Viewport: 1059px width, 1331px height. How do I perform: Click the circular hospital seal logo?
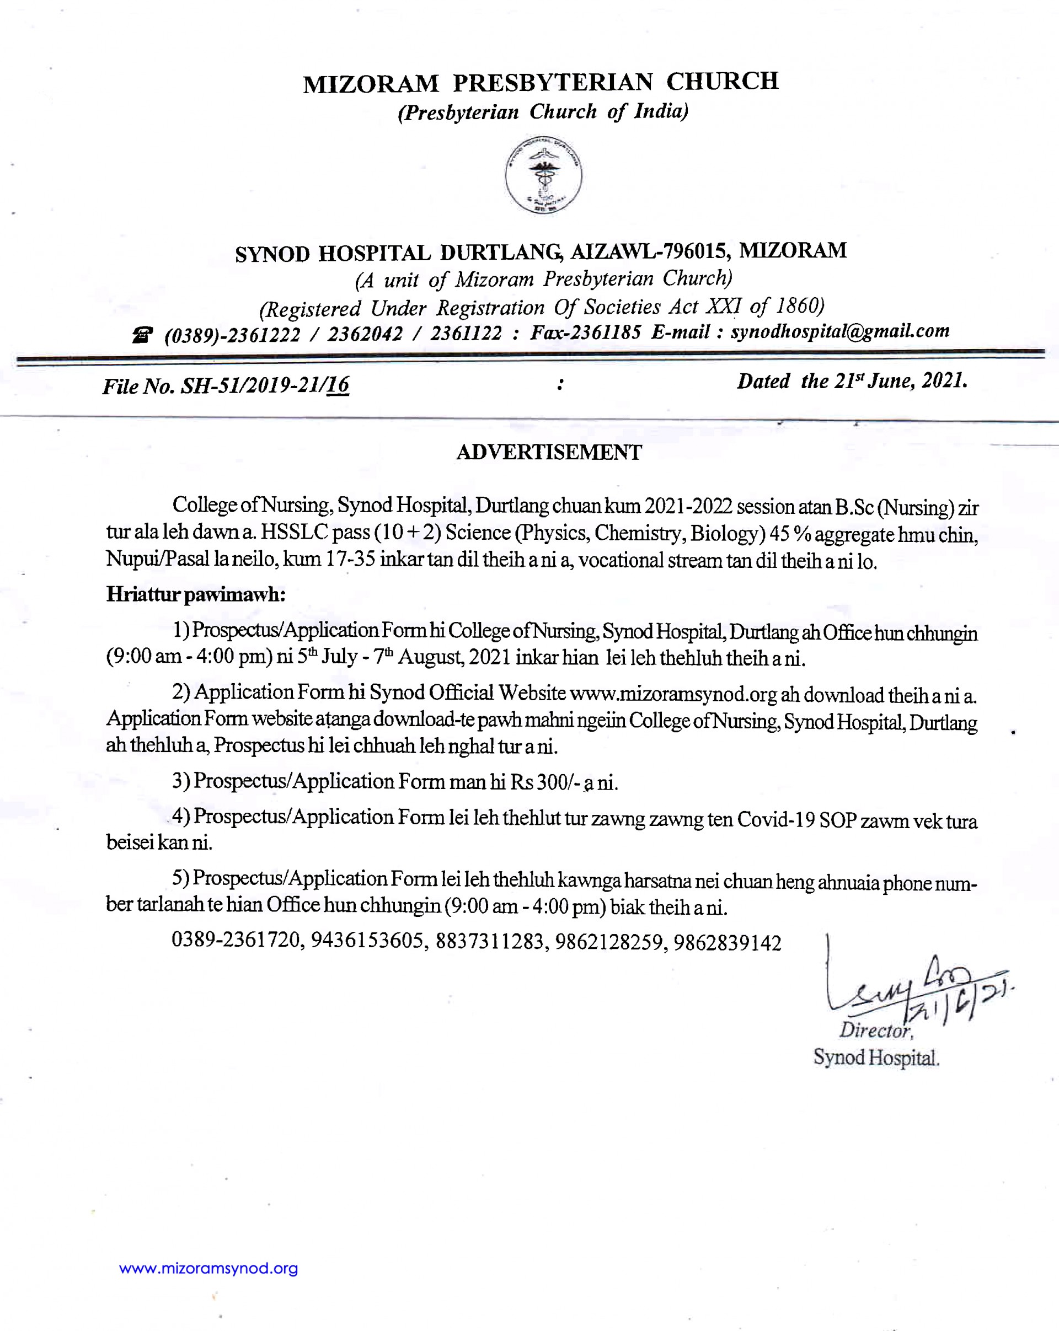543,175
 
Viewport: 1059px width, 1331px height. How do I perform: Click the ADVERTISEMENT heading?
549,453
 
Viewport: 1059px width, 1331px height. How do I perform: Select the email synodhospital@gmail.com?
840,331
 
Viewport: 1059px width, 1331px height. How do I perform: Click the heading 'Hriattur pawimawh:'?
196,594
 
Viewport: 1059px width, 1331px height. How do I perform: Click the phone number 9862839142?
728,943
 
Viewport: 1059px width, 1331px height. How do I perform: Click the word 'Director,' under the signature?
875,1030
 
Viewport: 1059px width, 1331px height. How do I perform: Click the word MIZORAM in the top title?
371,84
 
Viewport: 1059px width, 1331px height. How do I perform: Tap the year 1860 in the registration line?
799,305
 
